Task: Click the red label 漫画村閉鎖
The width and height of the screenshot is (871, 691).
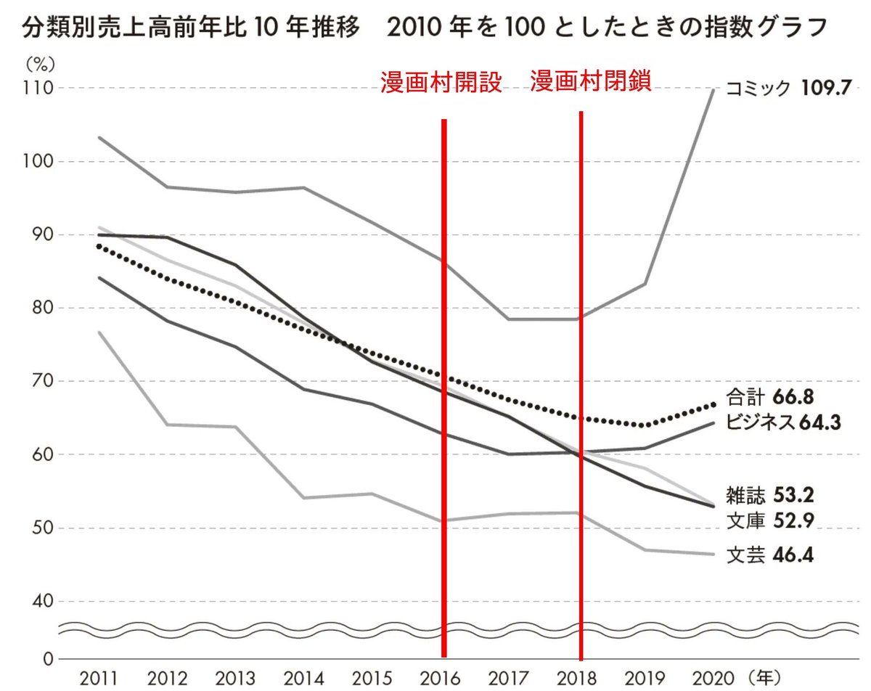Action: pos(590,81)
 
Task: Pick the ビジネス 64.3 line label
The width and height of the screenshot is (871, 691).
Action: pos(783,422)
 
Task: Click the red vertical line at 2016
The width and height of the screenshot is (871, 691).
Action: pos(444,385)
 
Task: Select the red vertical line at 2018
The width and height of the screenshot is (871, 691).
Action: pos(581,385)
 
